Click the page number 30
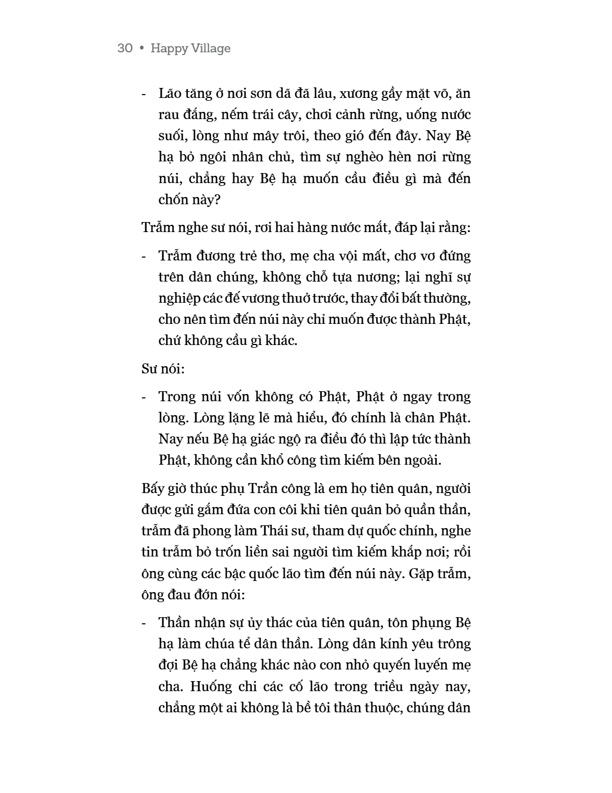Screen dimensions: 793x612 (125, 48)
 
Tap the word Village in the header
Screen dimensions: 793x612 (211, 48)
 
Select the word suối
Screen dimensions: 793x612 (171, 136)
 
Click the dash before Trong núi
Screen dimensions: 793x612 (145, 397)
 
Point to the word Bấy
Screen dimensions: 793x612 (153, 489)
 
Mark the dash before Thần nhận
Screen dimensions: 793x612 (145, 623)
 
